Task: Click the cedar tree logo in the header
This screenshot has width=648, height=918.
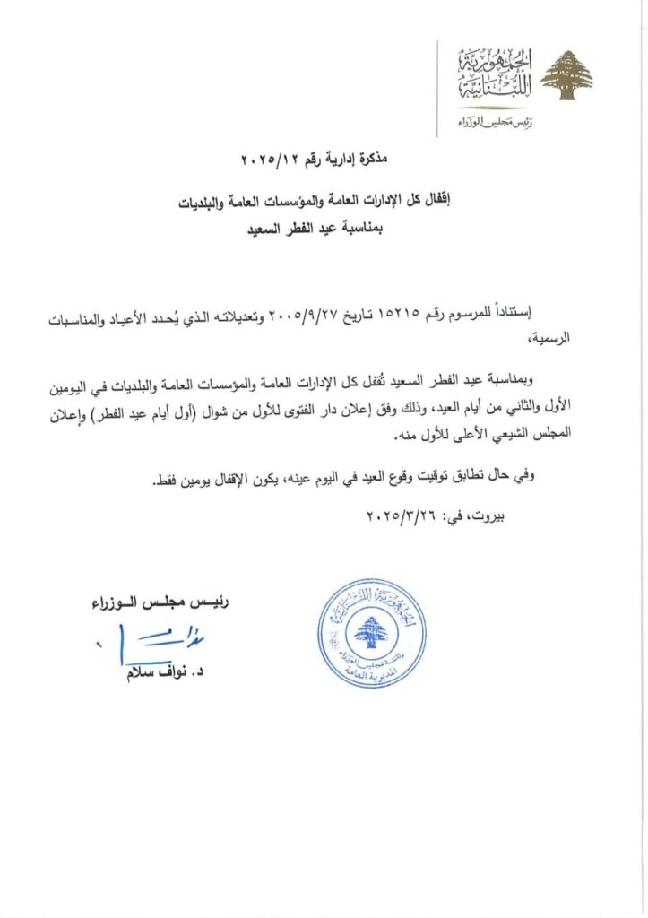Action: [567, 75]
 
